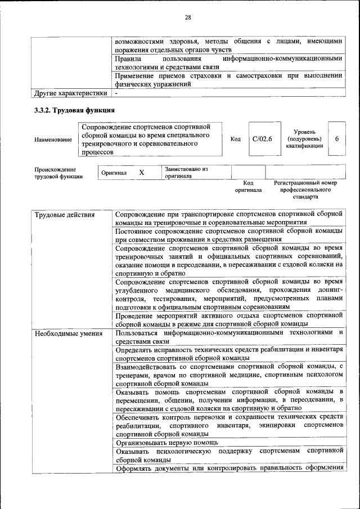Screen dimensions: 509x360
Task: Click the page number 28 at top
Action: (188, 17)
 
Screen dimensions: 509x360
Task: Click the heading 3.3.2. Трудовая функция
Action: (75, 110)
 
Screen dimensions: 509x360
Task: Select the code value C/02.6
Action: (262, 139)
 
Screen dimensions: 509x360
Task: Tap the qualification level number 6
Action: (336, 139)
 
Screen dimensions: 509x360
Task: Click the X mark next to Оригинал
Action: (142, 172)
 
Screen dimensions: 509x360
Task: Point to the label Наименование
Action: (53, 139)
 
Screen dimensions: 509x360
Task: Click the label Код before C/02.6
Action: (236, 139)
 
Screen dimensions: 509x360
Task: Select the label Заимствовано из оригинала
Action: (186, 172)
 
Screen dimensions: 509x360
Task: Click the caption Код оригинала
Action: (248, 186)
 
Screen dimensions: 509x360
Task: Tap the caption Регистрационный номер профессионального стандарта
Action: (305, 190)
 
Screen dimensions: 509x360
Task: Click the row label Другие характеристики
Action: (70, 92)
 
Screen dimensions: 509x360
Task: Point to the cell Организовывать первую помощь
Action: (159, 442)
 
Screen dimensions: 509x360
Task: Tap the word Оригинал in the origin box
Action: (114, 173)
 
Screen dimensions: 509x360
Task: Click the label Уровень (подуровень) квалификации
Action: (304, 138)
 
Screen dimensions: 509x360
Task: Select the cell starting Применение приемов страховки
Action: (228, 79)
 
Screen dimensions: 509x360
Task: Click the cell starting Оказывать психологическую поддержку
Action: (228, 455)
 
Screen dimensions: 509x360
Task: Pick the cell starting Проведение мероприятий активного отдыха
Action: (228, 319)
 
